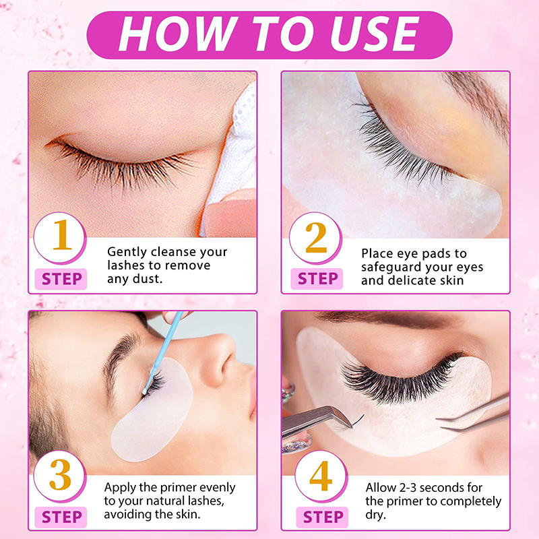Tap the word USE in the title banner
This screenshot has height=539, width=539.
click(x=375, y=34)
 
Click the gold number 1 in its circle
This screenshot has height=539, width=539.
click(x=62, y=234)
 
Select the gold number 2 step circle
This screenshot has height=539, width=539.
click(x=315, y=238)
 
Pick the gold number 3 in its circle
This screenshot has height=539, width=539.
click(x=61, y=475)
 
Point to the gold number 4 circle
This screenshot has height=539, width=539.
click(x=321, y=476)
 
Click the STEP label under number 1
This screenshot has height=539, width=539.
click(x=62, y=279)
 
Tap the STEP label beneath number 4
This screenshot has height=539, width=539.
click(x=323, y=517)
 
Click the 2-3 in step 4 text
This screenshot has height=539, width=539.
click(x=408, y=487)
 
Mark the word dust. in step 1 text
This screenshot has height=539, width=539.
click(x=147, y=279)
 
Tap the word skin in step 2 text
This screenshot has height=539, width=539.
click(x=451, y=280)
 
